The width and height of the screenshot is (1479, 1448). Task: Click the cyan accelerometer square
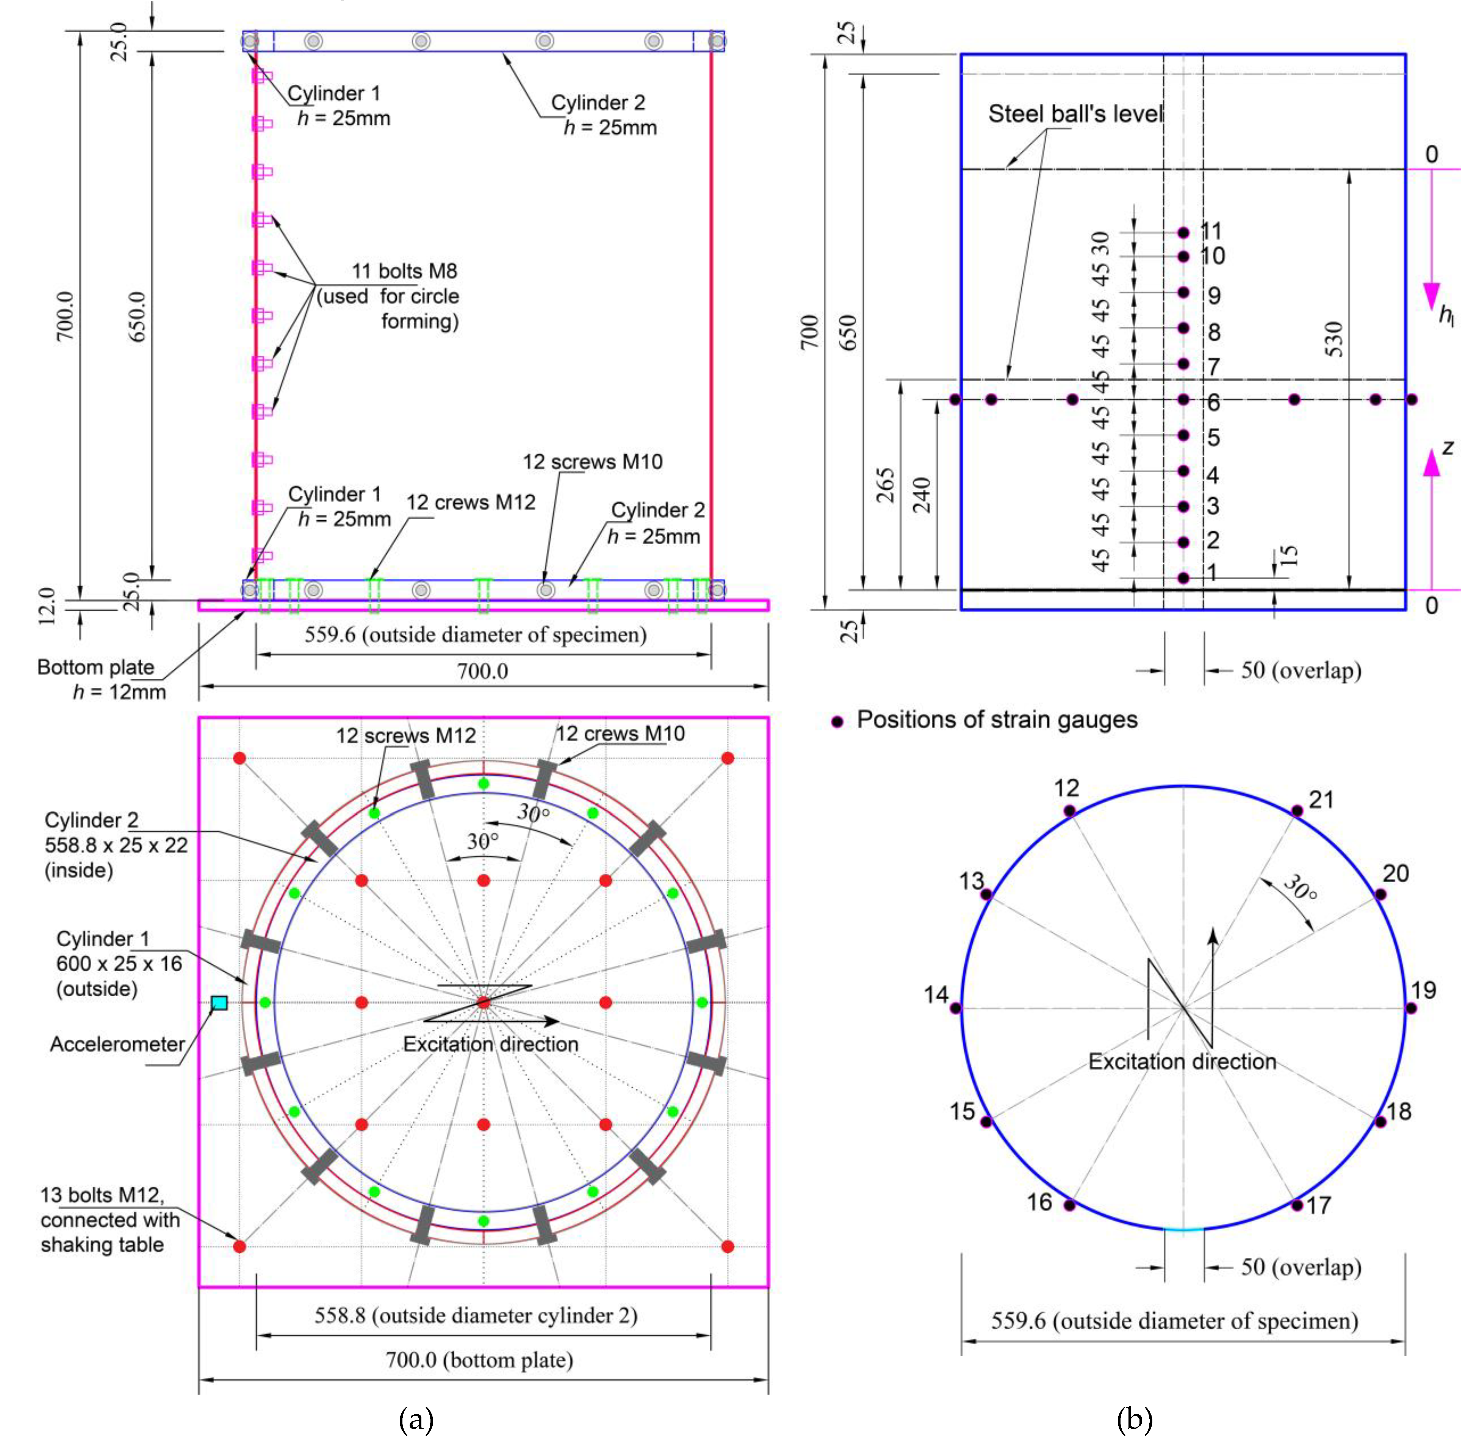click(219, 1002)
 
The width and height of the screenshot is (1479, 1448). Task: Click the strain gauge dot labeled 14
click(956, 1008)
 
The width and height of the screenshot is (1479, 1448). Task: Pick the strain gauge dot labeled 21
click(1297, 811)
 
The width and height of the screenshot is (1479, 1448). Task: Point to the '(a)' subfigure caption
click(416, 1419)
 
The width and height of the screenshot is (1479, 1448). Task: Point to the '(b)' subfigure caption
click(1135, 1419)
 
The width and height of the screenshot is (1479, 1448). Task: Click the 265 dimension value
click(885, 485)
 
